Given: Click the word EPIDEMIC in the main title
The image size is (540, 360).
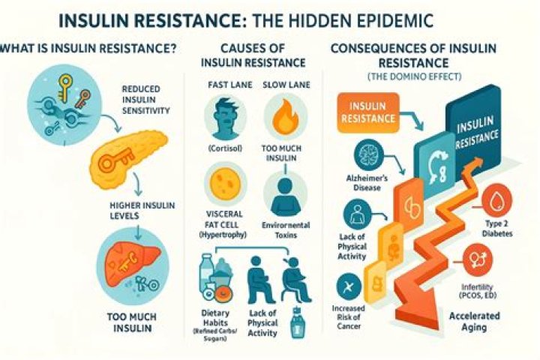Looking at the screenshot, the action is tap(388, 21).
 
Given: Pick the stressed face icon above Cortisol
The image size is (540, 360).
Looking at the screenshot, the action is tap(225, 118).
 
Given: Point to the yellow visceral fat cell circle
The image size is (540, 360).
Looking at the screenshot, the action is tap(225, 182).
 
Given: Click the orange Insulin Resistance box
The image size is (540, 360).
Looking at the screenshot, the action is tap(367, 112).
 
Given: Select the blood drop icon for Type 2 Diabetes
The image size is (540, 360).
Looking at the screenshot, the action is tap(497, 199).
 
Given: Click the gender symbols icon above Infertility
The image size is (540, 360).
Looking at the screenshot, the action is tap(477, 259).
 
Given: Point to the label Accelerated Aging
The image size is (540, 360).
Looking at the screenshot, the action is tap(475, 322).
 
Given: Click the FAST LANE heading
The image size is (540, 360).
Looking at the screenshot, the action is tap(230, 85).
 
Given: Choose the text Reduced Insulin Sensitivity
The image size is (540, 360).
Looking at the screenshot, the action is tap(145, 100).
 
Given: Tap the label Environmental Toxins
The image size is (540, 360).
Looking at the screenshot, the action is tap(286, 230).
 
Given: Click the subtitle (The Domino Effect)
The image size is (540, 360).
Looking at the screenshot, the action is tap(414, 76).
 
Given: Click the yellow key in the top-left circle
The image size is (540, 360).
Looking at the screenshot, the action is tap(64, 87).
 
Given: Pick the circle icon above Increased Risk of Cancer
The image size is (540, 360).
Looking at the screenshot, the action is tap(349, 287).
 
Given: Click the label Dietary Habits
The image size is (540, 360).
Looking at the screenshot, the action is tap(215, 318).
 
